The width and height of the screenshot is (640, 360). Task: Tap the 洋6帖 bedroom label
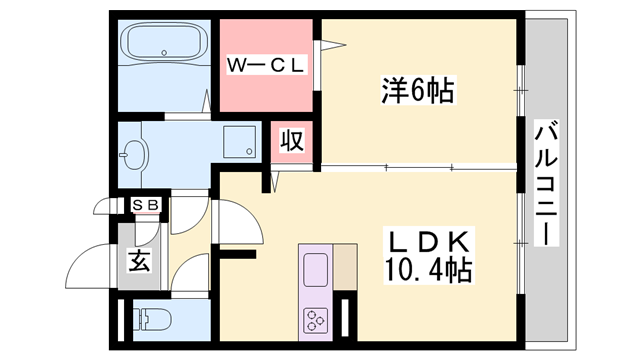pyautogui.click(x=418, y=92)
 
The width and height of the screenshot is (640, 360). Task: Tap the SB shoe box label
pyautogui.click(x=147, y=206)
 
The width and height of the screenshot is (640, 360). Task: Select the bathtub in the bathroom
pyautogui.click(x=162, y=44)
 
